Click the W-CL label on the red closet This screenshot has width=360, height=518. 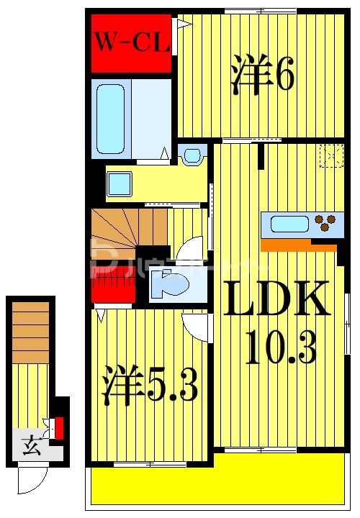click(x=131, y=43)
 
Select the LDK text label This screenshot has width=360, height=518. click(x=278, y=300)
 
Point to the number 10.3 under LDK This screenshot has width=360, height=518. click(x=281, y=350)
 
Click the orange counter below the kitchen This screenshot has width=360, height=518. click(x=298, y=245)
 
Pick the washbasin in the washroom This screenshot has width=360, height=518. click(x=119, y=185)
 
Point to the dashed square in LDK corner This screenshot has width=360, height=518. click(x=331, y=155)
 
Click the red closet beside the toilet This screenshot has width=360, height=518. click(x=114, y=284)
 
